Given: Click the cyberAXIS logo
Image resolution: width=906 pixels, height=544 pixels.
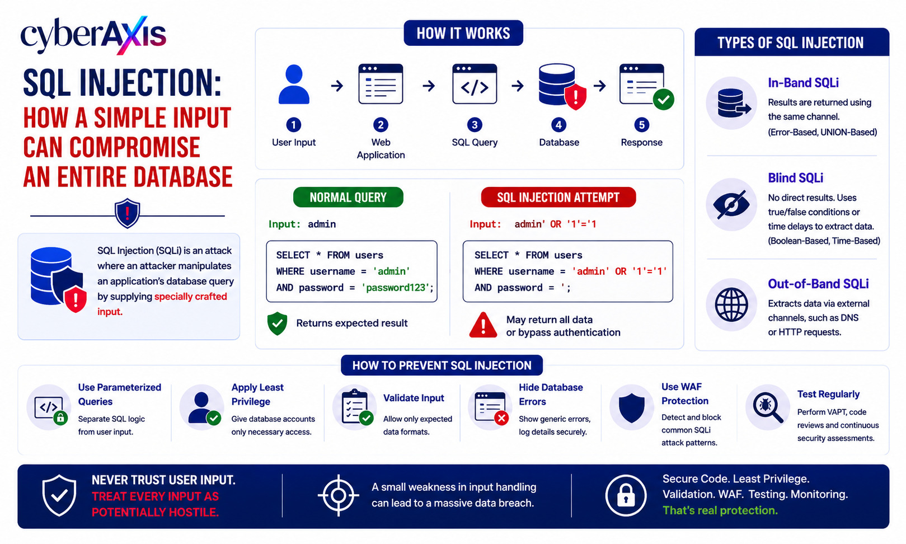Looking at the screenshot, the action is tap(93, 35).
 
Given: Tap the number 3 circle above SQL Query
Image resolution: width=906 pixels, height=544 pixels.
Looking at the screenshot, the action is tap(475, 125).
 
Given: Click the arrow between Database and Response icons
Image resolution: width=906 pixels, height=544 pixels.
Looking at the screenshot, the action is tap(600, 86).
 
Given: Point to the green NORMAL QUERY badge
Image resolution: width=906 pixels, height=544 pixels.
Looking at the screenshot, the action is tap(348, 197).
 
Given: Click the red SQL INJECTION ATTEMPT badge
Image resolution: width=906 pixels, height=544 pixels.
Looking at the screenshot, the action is tap(558, 197).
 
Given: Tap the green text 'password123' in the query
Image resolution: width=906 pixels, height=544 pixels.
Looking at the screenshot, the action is tap(396, 288).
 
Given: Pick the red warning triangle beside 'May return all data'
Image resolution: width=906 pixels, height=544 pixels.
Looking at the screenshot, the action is tap(483, 325).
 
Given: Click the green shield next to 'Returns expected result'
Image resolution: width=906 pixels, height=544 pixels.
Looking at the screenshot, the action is tap(278, 323).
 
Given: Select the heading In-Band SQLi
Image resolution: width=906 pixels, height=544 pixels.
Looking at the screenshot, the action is tap(803, 83).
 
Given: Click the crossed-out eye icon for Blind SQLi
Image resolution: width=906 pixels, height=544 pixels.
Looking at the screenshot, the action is tap(731, 205).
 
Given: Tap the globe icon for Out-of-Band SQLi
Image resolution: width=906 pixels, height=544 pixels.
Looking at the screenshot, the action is tap(731, 304).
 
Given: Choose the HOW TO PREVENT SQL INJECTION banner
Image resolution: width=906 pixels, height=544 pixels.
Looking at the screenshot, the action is tap(442, 365).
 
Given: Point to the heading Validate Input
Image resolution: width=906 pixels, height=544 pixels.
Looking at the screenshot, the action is tap(414, 398).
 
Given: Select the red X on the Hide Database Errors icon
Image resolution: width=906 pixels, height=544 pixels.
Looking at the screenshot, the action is tap(501, 418).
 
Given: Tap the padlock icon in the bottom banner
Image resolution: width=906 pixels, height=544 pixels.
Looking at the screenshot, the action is tap(626, 496).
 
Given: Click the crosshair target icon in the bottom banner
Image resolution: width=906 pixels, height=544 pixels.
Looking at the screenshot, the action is tap(338, 495).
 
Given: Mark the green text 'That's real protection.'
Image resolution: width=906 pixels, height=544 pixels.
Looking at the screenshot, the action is tap(720, 510).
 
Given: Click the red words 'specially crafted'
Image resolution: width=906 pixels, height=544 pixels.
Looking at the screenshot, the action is tap(190, 297).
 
